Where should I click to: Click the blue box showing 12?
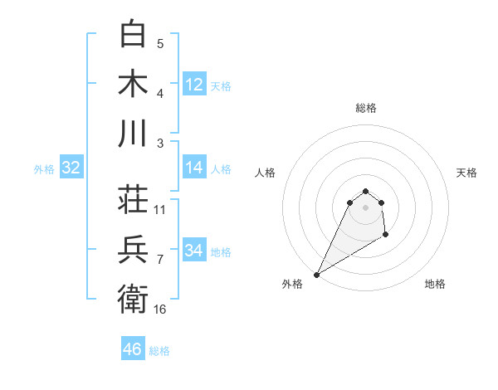click(x=194, y=84)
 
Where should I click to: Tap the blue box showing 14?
click(x=194, y=168)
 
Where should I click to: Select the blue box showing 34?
click(x=194, y=250)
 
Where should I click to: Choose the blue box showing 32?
click(x=71, y=168)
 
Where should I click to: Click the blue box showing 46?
click(x=133, y=349)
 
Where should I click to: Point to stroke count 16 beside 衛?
click(x=160, y=310)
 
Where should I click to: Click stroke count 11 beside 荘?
click(x=160, y=210)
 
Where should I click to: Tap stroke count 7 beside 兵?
click(x=160, y=260)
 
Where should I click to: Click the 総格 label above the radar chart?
click(x=365, y=108)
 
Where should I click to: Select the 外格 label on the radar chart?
click(x=292, y=284)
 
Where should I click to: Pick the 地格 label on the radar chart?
click(x=435, y=284)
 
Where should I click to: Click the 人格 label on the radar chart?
click(x=266, y=173)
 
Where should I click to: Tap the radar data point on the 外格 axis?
click(x=316, y=275)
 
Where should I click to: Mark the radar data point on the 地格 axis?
click(x=385, y=235)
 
